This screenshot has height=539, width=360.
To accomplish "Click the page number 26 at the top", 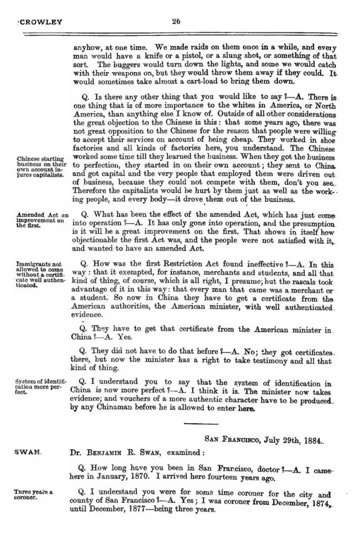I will click(x=176, y=22).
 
